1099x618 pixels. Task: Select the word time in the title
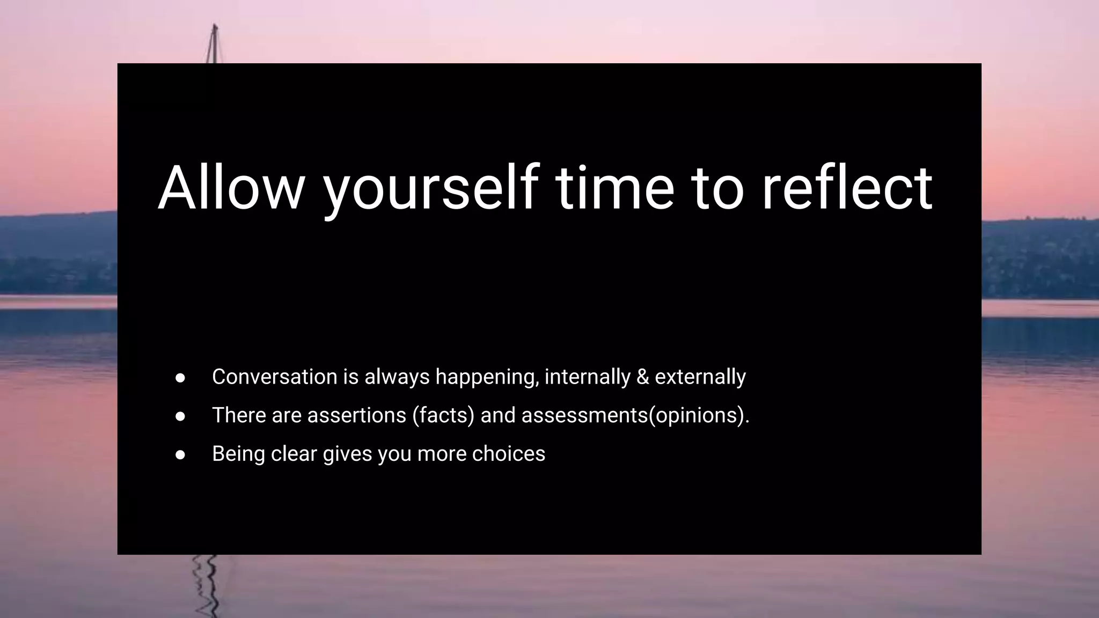click(x=615, y=188)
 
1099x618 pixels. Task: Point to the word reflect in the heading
click(x=847, y=188)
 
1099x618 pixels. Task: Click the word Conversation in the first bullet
click(x=274, y=377)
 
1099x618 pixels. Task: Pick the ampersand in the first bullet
click(x=642, y=377)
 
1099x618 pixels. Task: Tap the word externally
click(x=700, y=377)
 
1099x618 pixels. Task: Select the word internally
click(x=588, y=377)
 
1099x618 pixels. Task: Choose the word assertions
click(x=357, y=415)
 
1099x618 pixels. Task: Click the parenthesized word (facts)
click(x=444, y=415)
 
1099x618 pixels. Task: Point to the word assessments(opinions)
click(x=635, y=415)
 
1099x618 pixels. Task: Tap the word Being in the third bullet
click(x=239, y=454)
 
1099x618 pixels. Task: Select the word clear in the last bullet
click(x=294, y=454)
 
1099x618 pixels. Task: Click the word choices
click(x=509, y=454)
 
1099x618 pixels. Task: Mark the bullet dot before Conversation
click(x=180, y=378)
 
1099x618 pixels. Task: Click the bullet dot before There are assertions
click(x=180, y=416)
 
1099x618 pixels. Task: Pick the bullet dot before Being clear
click(x=180, y=455)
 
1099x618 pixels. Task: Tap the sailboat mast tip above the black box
click(x=215, y=27)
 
